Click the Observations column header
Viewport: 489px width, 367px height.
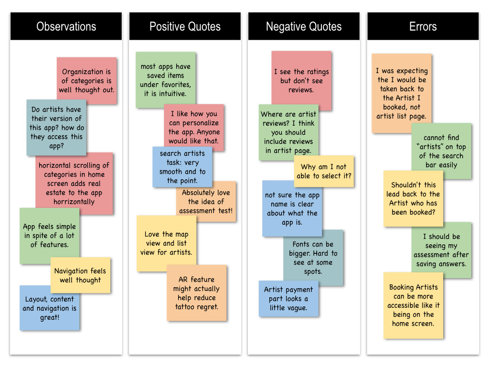pyautogui.click(x=66, y=27)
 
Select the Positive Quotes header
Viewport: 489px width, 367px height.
pyautogui.click(x=185, y=27)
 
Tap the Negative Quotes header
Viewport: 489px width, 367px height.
pyautogui.click(x=304, y=27)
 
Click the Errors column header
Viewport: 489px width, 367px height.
pyautogui.click(x=423, y=27)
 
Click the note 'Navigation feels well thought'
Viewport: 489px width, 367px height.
pyautogui.click(x=80, y=275)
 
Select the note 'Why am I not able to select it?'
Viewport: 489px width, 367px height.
pyautogui.click(x=324, y=172)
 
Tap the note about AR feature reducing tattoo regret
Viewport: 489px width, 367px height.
pyautogui.click(x=196, y=293)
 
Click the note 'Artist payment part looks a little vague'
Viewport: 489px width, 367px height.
pyautogui.click(x=288, y=299)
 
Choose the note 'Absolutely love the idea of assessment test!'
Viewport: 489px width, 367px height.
pyautogui.click(x=206, y=202)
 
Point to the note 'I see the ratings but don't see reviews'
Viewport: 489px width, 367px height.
pyautogui.click(x=301, y=81)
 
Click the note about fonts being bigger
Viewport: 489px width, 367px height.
pyautogui.click(x=313, y=258)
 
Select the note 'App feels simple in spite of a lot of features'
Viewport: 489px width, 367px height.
pyautogui.click(x=50, y=236)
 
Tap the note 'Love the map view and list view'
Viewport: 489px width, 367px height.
pyautogui.click(x=166, y=243)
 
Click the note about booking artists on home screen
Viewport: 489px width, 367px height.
pyautogui.click(x=414, y=305)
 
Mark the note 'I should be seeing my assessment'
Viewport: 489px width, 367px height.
pyautogui.click(x=441, y=250)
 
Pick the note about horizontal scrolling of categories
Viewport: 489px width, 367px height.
pyautogui.click(x=74, y=183)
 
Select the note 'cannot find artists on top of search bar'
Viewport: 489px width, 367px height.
pyautogui.click(x=441, y=151)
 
